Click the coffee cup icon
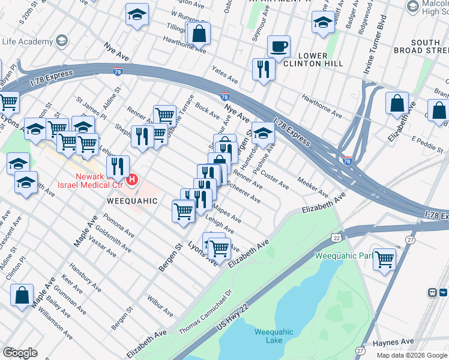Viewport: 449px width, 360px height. (x=278, y=46)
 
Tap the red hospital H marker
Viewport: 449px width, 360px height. (x=132, y=178)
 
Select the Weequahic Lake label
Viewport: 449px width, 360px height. (x=269, y=335)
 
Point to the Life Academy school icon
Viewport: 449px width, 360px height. (x=61, y=41)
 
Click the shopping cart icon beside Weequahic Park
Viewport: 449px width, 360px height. (x=384, y=259)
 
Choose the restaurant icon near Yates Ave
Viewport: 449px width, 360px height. (x=263, y=69)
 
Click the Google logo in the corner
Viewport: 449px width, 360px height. (x=20, y=353)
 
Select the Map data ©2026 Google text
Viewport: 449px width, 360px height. (x=411, y=355)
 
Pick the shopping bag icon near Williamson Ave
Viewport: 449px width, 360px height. (x=22, y=295)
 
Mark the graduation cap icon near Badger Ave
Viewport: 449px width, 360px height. (x=323, y=22)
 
